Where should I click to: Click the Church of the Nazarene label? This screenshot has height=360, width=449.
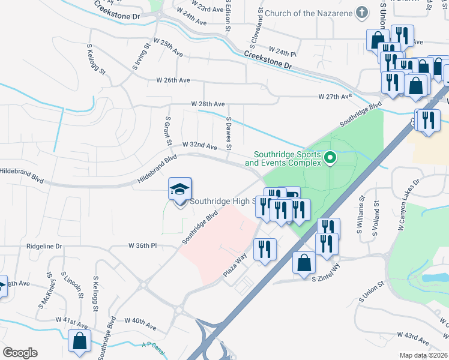pyautogui.click(x=308, y=13)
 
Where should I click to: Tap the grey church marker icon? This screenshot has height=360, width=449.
pyautogui.click(x=361, y=12)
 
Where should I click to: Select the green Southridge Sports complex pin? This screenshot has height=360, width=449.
pyautogui.click(x=330, y=158)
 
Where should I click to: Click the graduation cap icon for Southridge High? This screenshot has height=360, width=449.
pyautogui.click(x=179, y=190)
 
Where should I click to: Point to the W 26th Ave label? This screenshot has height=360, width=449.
pyautogui.click(x=173, y=80)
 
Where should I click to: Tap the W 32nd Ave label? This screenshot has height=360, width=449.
pyautogui.click(x=200, y=146)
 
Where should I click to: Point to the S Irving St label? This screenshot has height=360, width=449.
pyautogui.click(x=142, y=57)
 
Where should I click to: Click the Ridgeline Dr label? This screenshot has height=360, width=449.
pyautogui.click(x=44, y=246)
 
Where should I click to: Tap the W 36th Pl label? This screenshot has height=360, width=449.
pyautogui.click(x=142, y=245)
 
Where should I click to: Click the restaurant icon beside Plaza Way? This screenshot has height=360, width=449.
pyautogui.click(x=265, y=249)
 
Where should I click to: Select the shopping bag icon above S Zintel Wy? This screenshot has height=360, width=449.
pyautogui.click(x=304, y=263)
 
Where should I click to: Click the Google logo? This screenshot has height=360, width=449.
pyautogui.click(x=20, y=353)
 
